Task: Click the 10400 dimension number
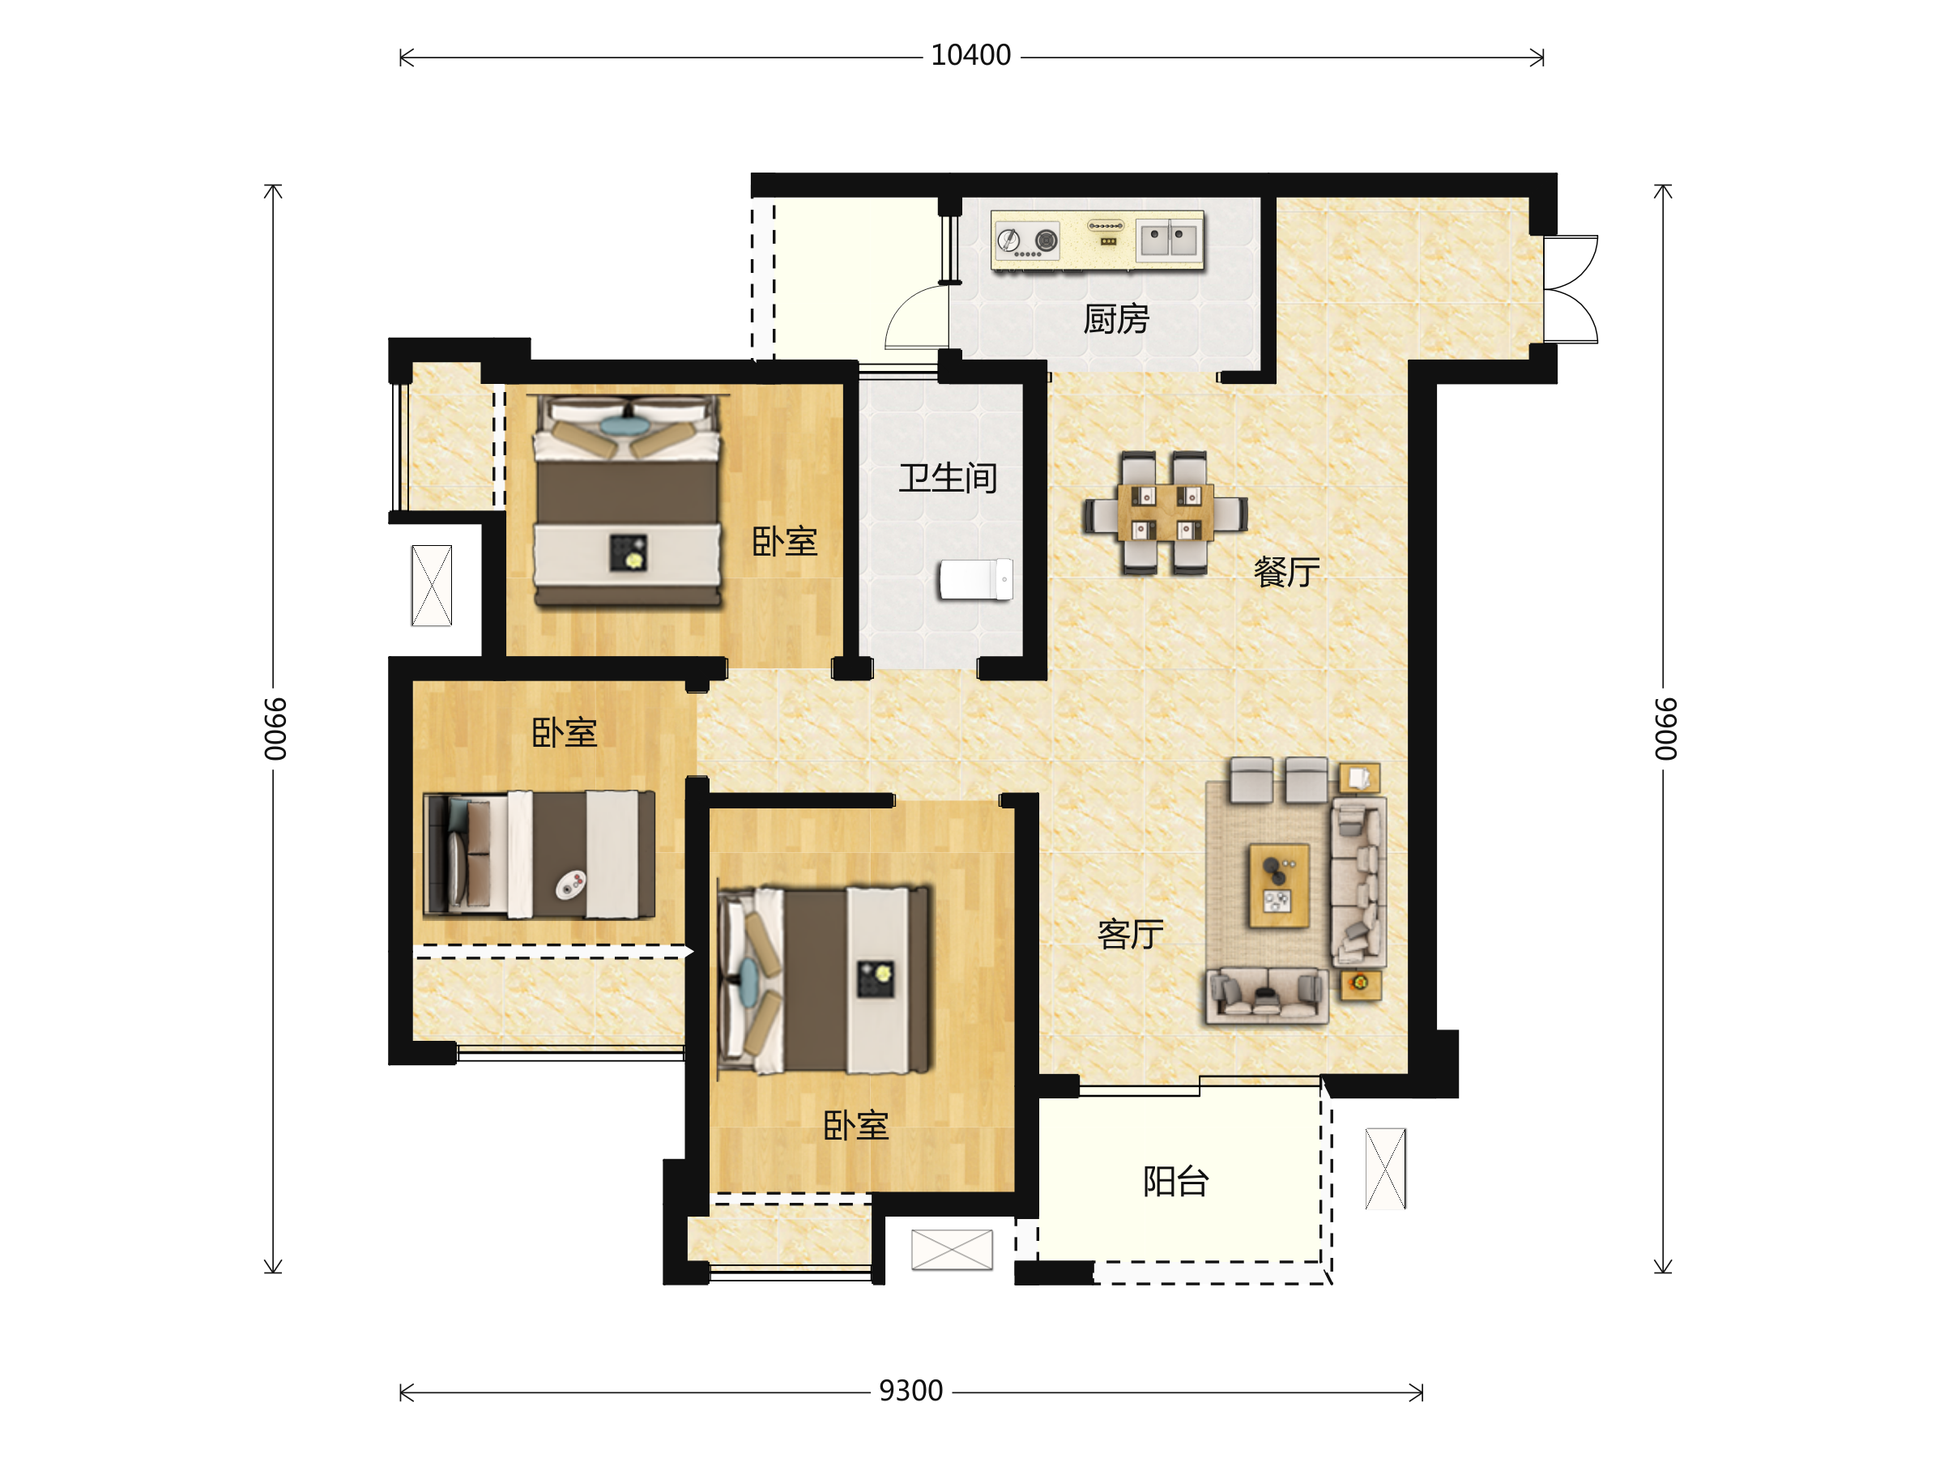970,55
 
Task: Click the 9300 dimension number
910,1392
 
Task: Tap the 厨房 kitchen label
1116,319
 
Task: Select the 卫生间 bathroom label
948,478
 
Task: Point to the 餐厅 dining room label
1286,572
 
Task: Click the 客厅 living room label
1130,934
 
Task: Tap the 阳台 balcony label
1176,1181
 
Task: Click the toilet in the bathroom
975,579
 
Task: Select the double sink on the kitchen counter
1167,239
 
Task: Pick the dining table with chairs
1166,514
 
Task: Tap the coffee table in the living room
1279,886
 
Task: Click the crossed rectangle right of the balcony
1385,1168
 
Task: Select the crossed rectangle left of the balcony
952,1250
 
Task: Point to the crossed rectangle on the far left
432,586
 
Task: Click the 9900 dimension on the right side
1665,728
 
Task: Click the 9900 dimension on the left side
275,728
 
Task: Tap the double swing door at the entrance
1571,289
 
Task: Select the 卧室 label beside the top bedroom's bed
785,541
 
